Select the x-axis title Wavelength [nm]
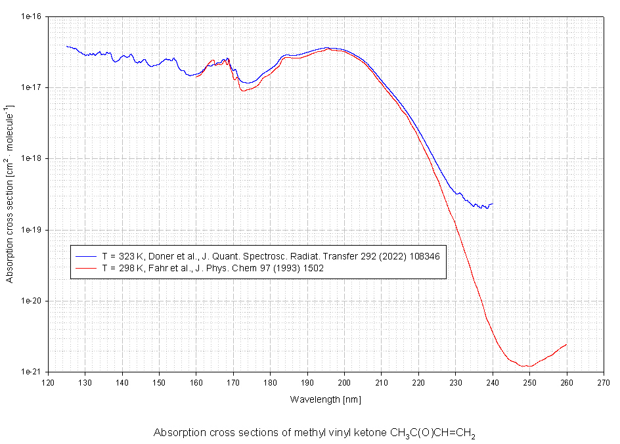(326, 399)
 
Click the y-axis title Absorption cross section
(10, 194)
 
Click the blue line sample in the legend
(86, 256)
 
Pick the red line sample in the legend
(86, 268)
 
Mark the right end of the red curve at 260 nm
(566, 344)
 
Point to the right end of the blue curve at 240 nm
(493, 204)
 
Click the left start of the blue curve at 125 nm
(67, 46)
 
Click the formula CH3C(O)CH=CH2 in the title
(433, 433)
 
